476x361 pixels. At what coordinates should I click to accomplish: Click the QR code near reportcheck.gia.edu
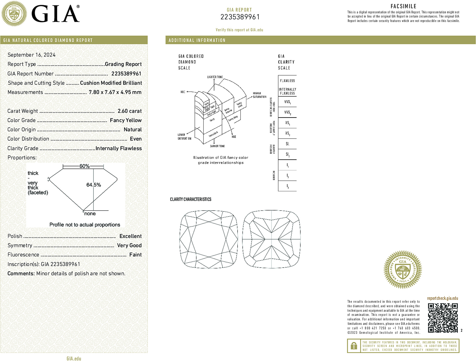pos(443,318)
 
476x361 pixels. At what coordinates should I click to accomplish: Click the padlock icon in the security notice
pos(354,346)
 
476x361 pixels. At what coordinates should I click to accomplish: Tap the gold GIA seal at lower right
pos(403,270)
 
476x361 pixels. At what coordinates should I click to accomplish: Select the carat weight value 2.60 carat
pos(130,111)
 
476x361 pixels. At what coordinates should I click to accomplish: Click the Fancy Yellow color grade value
pos(126,120)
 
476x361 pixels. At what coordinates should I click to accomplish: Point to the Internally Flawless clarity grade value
pos(118,148)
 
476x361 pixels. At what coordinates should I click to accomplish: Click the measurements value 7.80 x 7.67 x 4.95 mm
pos(115,92)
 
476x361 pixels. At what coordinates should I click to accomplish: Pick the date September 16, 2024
pos(32,55)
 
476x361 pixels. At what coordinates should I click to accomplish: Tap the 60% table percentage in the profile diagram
pos(84,166)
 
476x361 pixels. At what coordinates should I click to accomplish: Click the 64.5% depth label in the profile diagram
pos(94,185)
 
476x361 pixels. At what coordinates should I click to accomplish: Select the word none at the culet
pos(90,214)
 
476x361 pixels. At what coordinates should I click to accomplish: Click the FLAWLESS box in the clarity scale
pos(287,81)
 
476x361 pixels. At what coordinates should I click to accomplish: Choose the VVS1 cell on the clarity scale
pos(287,102)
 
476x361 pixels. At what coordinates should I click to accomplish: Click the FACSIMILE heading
pos(403,6)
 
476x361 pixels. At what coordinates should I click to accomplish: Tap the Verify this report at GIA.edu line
pos(239,30)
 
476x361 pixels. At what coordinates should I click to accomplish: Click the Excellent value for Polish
pos(130,236)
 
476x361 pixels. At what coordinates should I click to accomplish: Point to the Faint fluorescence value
pos(135,255)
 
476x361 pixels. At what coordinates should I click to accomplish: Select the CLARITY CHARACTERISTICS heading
pos(191,199)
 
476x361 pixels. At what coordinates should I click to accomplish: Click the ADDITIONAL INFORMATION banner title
pos(197,40)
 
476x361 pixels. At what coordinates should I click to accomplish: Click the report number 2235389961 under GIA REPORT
pos(240,17)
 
